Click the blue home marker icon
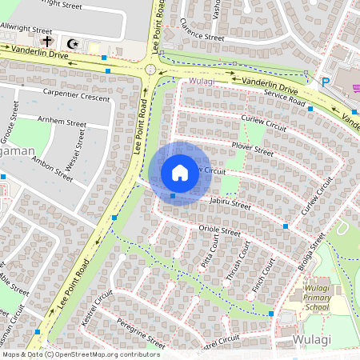[179, 173]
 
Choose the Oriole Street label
[218, 230]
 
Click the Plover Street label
[252, 149]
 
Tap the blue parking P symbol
[326, 82]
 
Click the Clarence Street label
[203, 36]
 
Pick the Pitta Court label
[210, 259]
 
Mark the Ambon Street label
[52, 169]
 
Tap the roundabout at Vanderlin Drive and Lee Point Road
[150, 70]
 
